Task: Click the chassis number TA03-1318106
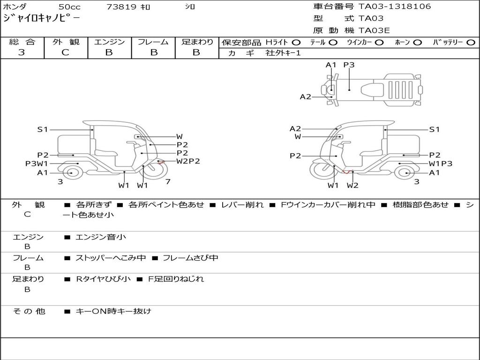click(394, 7)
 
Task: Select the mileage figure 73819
click(121, 7)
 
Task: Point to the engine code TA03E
click(374, 31)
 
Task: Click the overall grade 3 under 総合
click(22, 52)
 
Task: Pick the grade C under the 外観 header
click(65, 52)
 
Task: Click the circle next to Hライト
click(296, 43)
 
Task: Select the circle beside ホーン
click(417, 43)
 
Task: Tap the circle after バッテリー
click(471, 43)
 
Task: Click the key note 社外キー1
click(283, 53)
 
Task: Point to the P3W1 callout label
click(37, 164)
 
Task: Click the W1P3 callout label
click(440, 164)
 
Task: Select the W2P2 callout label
click(188, 161)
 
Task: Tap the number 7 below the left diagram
click(168, 182)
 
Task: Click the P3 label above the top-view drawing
click(349, 65)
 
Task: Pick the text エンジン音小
click(101, 237)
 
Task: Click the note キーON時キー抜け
click(113, 311)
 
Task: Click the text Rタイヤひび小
click(104, 279)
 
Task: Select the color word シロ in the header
click(190, 7)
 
